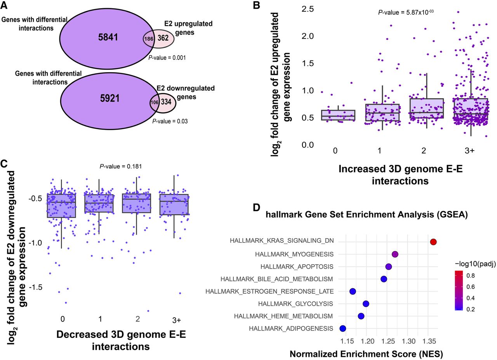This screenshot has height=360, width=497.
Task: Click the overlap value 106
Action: click(x=155, y=102)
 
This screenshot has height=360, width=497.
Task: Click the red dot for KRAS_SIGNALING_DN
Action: click(x=434, y=242)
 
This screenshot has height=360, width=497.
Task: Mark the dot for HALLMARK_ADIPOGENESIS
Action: click(x=342, y=329)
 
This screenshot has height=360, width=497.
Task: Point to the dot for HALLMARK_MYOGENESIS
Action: click(x=395, y=254)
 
